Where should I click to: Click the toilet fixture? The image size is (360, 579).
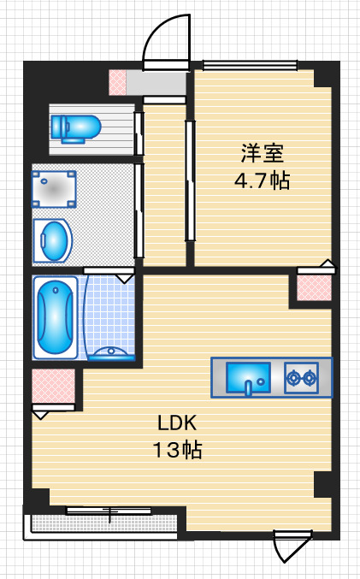click(76, 129)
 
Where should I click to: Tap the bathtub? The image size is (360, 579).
click(55, 317)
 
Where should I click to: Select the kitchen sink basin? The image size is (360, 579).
click(248, 377)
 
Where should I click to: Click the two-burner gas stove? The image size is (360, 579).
click(301, 377)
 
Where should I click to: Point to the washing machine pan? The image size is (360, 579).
click(54, 189)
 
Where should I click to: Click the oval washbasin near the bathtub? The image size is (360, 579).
click(53, 241)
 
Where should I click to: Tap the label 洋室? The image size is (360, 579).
click(263, 153)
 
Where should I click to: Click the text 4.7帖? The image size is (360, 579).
click(263, 180)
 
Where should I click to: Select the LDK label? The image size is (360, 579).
click(177, 422)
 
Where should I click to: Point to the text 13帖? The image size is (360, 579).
click(177, 450)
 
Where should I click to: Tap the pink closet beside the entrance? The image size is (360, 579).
click(118, 83)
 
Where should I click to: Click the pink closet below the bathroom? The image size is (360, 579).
click(54, 387)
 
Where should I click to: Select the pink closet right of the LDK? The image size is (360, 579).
click(314, 288)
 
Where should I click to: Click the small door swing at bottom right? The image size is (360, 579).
click(292, 546)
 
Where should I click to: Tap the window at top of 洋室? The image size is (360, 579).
click(250, 65)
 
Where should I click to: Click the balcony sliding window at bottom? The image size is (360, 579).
click(109, 511)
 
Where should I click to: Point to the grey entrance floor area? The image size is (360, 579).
click(156, 83)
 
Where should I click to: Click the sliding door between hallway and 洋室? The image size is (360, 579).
click(190, 180)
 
